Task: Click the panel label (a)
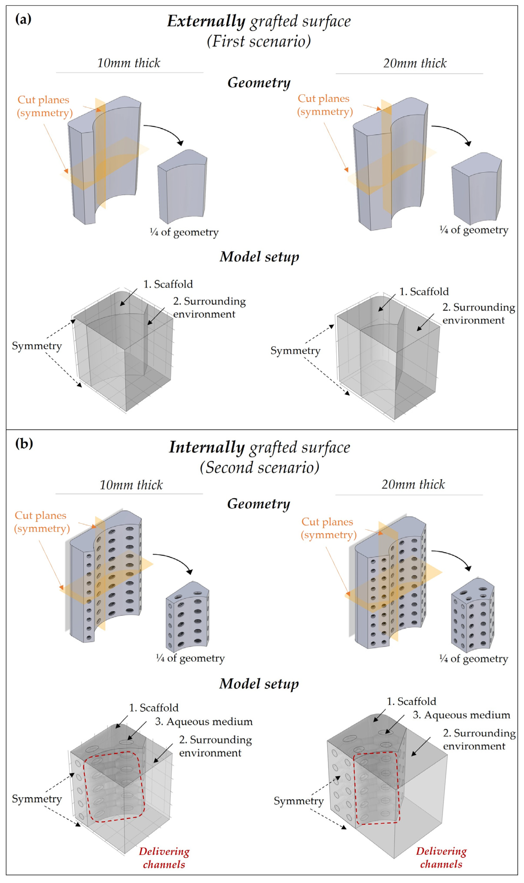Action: [23, 19]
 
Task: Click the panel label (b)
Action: [24, 443]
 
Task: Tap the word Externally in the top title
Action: [206, 21]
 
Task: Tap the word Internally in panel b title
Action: [207, 447]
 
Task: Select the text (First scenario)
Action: [259, 41]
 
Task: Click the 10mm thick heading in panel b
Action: [131, 485]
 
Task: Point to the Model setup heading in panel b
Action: [259, 684]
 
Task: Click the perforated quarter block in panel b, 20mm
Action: [472, 616]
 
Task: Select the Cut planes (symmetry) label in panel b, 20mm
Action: [328, 528]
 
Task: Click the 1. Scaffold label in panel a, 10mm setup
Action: [168, 284]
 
